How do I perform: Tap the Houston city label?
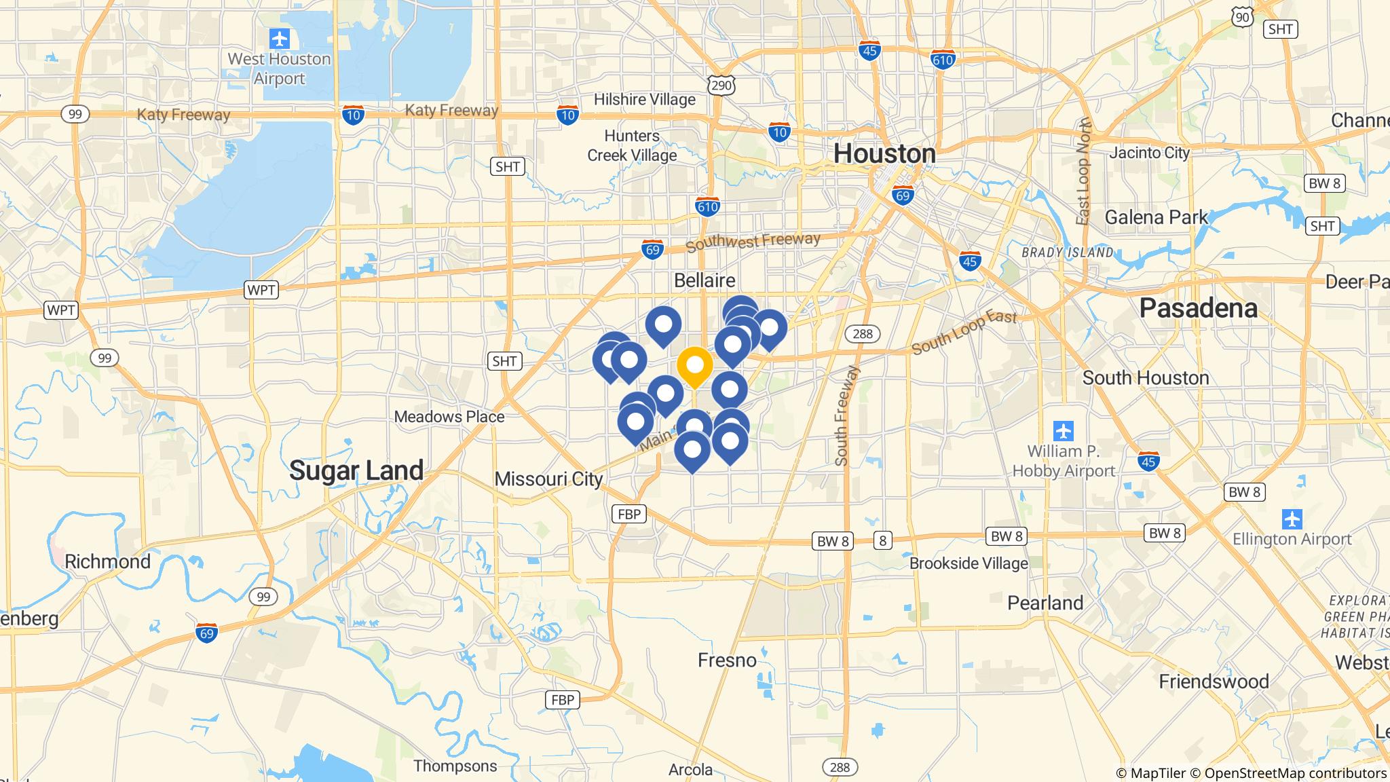884,154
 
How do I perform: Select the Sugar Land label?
356,470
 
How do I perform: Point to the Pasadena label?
1198,308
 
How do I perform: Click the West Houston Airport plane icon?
279,39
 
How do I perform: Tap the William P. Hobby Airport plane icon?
1064,430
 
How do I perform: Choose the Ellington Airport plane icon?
1292,519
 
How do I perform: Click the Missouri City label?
548,479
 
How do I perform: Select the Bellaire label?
705,280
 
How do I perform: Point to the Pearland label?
1045,603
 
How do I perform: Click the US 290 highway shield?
721,85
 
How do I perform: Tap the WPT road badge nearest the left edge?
61,310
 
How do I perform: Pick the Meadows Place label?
449,417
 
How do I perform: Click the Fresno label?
727,660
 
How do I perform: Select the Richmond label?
107,562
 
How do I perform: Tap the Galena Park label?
1157,217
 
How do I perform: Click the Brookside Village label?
969,563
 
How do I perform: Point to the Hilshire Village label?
644,100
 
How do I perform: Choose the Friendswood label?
1214,681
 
